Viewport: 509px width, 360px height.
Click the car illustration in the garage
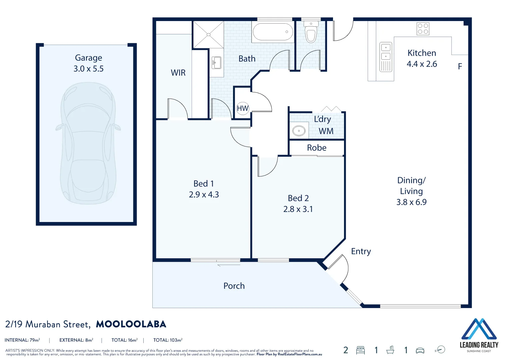(88, 143)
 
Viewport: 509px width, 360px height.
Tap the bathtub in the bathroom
(273, 32)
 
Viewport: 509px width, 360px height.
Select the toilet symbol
(311, 33)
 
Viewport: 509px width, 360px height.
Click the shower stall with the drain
(208, 34)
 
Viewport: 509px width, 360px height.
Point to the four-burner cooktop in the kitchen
(423, 29)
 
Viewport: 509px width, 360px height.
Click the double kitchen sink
(386, 57)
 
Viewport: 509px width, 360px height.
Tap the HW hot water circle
(243, 108)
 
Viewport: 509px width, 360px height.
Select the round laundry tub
(299, 131)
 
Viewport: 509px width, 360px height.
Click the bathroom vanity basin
(216, 63)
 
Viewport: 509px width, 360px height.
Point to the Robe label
(317, 148)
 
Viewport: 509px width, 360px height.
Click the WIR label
(178, 73)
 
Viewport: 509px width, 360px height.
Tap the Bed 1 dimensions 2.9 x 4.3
(204, 195)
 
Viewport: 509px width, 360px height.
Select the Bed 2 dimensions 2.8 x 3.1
(298, 209)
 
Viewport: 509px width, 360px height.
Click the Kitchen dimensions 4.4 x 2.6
(422, 64)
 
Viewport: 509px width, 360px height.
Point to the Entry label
(361, 251)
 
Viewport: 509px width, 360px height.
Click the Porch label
(234, 286)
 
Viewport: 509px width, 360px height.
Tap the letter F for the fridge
(460, 67)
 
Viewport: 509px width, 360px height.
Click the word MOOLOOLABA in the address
(131, 324)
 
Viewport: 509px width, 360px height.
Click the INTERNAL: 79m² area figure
(22, 340)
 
